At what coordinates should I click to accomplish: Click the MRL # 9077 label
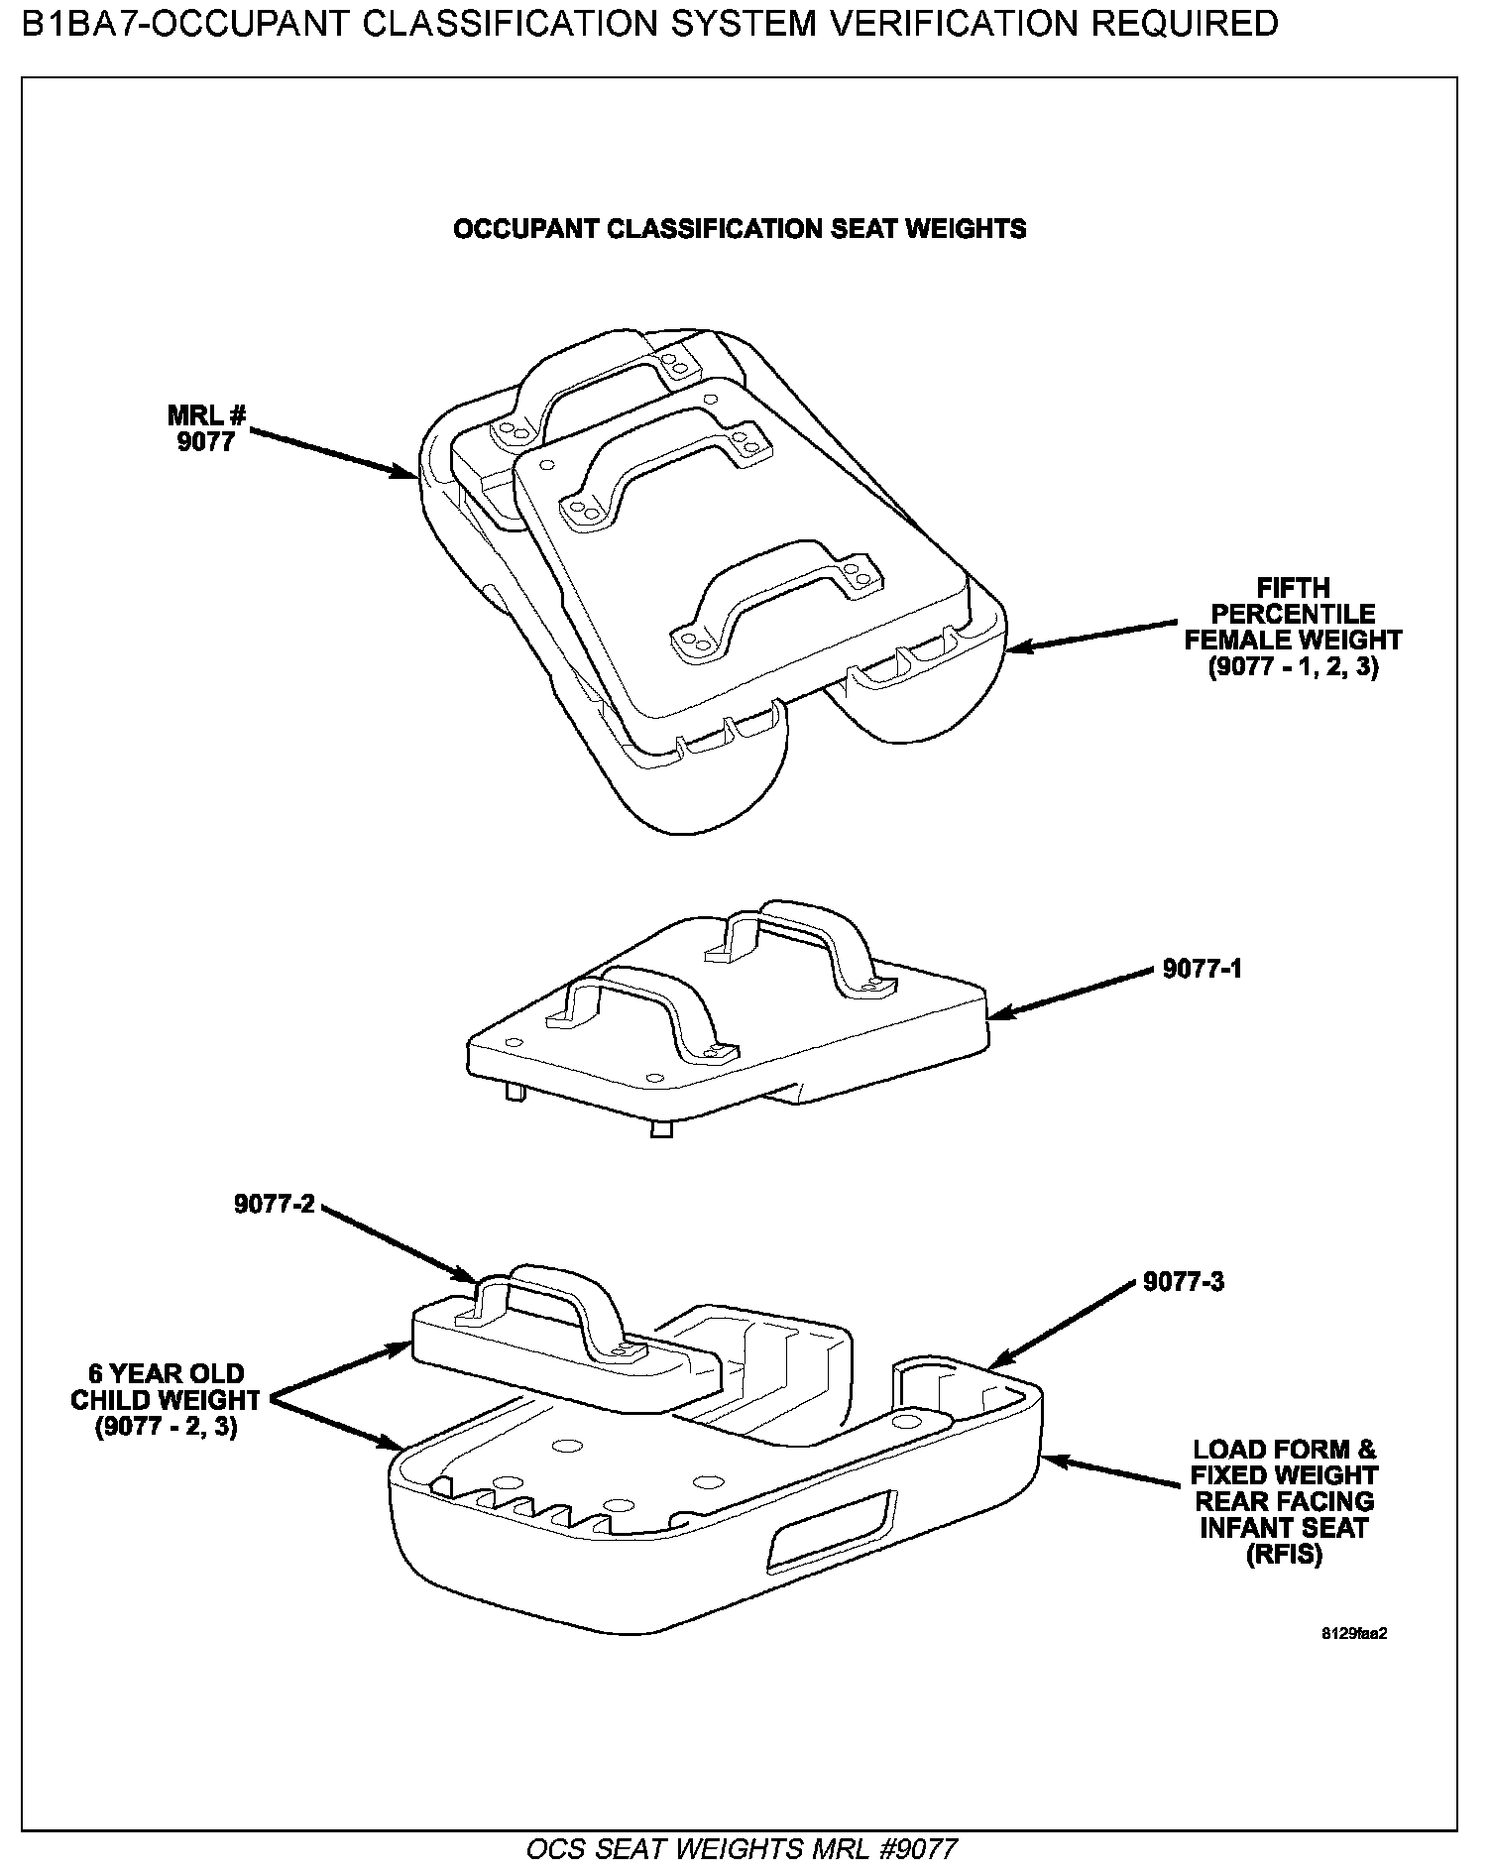tap(206, 427)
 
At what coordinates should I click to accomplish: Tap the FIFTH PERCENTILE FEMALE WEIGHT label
tap(1293, 628)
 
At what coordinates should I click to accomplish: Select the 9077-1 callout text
tap(1202, 969)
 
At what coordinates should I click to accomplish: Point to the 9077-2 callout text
tap(274, 1204)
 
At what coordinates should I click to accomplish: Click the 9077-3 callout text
tap(1184, 1282)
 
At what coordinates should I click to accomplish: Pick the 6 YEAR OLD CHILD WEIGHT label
tap(167, 1400)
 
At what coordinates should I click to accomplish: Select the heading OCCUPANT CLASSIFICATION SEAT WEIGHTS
tap(740, 229)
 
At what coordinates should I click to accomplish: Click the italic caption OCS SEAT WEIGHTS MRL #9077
tap(742, 1850)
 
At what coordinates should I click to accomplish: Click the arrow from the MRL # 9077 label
tap(335, 455)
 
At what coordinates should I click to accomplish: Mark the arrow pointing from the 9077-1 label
tap(1071, 992)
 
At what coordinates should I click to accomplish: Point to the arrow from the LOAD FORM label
tap(1110, 1469)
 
